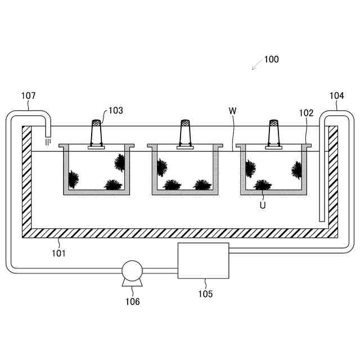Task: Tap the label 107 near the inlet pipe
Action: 28,96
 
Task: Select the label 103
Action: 115,111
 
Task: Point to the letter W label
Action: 232,110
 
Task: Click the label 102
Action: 306,112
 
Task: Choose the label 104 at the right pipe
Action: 336,96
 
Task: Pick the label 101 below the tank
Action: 58,253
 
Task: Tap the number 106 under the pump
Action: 132,301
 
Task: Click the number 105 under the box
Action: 205,294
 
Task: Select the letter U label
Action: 263,205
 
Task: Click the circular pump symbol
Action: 132,270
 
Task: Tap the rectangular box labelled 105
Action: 203,260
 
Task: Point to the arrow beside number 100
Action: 256,65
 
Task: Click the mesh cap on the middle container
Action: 184,122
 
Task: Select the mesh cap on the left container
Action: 97,121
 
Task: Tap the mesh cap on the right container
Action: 273,122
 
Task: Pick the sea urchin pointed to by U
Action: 262,185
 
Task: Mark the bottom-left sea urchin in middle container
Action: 172,184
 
